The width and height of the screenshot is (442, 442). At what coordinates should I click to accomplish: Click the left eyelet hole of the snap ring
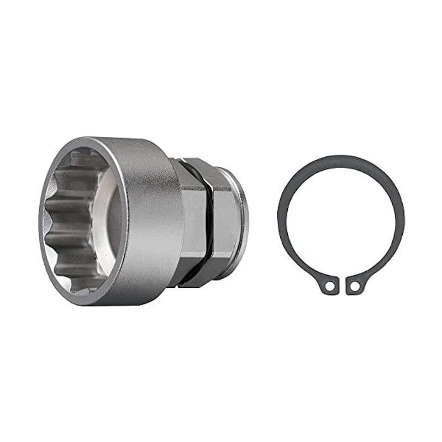pyautogui.click(x=330, y=286)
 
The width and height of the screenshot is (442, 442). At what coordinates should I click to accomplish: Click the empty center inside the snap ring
pyautogui.click(x=341, y=221)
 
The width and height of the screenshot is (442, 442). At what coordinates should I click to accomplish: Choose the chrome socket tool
pyautogui.click(x=144, y=221)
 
